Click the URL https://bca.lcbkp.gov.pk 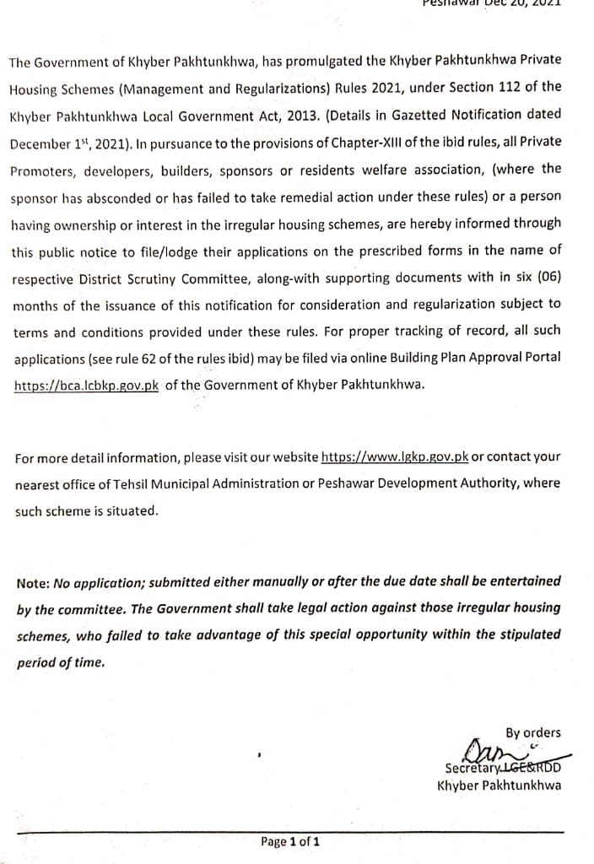[85, 385]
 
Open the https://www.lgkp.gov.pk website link [394, 456]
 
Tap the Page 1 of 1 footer [290, 841]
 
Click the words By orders [532, 733]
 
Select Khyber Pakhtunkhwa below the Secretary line [499, 786]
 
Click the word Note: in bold [33, 583]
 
